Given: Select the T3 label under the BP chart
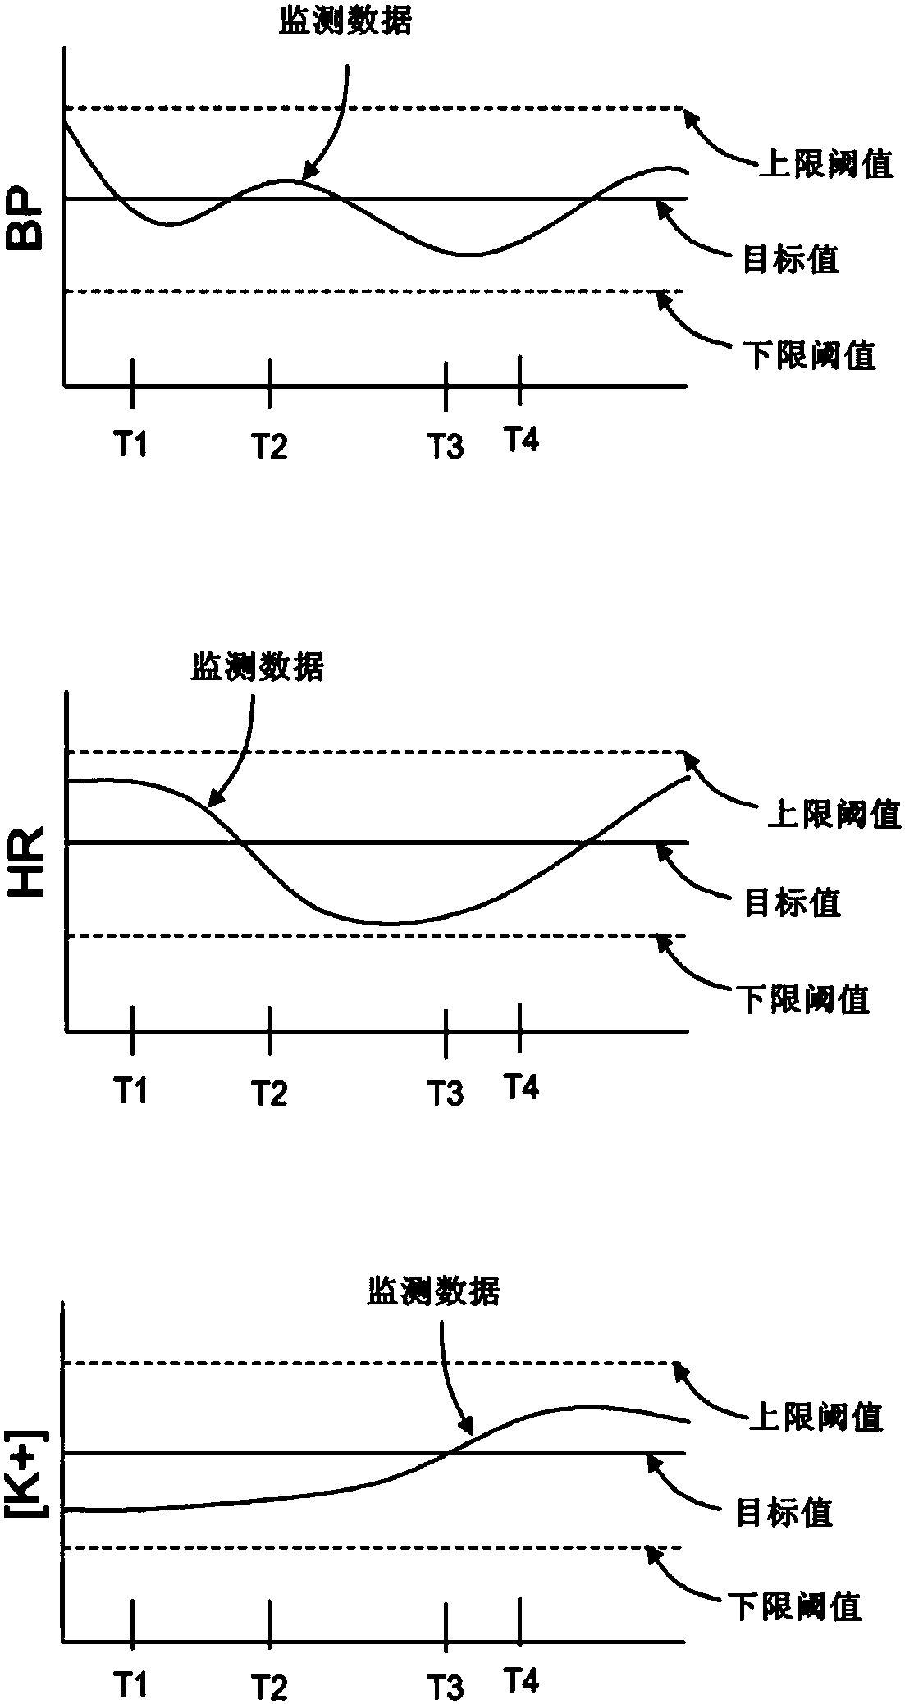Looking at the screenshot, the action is [446, 447].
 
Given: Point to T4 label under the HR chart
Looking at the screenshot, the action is [521, 1087].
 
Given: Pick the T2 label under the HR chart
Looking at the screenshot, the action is [269, 1093].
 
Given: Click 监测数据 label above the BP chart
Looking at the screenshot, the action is [345, 23].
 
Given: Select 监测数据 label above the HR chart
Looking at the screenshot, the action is [258, 667].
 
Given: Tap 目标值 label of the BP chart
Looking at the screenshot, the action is [791, 260].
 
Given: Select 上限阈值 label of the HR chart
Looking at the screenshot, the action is [834, 814].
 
